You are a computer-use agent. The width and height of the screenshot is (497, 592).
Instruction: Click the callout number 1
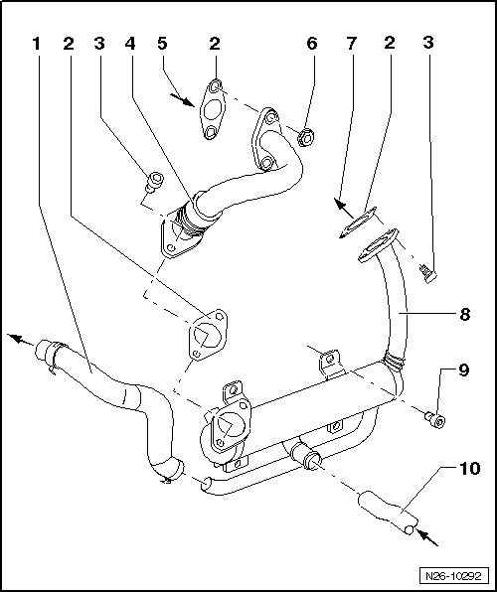click(x=37, y=45)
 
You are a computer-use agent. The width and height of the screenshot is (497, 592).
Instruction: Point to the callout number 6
click(x=310, y=45)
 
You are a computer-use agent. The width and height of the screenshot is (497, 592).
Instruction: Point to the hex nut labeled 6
click(x=307, y=133)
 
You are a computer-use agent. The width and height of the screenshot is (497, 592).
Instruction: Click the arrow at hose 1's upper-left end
click(x=16, y=338)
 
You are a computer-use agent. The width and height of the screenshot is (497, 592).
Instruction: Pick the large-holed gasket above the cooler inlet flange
click(x=206, y=335)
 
